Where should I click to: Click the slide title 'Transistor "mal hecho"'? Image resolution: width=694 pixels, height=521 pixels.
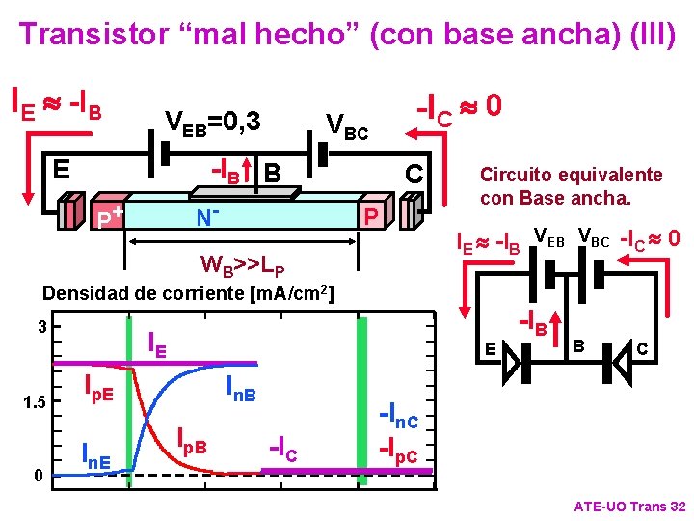click(347, 35)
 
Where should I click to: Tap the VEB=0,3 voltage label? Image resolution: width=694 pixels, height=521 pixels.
click(214, 122)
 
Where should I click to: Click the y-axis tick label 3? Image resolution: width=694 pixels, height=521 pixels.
click(41, 326)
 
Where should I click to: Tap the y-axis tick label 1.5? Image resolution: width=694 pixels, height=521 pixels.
click(37, 400)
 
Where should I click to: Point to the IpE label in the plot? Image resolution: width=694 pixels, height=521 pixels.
click(95, 391)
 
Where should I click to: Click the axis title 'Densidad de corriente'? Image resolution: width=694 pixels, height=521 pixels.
click(189, 292)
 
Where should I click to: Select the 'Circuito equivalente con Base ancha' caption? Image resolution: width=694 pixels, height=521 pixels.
click(571, 186)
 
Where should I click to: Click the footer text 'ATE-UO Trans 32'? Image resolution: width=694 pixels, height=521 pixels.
click(628, 507)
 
